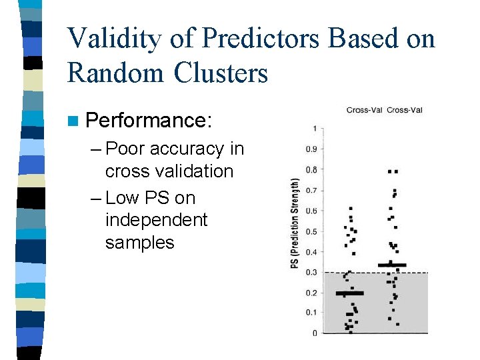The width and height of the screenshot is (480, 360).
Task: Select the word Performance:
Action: (149, 121)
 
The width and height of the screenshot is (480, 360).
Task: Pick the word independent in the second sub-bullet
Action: (156, 220)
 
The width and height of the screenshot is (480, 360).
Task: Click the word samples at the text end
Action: (139, 243)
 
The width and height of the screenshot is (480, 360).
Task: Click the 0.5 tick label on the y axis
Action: (311, 231)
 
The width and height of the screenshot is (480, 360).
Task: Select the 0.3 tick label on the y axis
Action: (311, 272)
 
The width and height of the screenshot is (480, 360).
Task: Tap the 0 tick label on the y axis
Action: (314, 333)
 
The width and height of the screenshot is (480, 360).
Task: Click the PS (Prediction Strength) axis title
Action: (294, 223)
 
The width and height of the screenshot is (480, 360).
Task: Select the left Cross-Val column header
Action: (364, 110)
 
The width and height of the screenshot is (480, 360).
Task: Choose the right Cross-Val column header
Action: (405, 110)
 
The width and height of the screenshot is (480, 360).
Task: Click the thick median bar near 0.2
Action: (349, 293)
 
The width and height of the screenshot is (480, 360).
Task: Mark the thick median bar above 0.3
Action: (392, 265)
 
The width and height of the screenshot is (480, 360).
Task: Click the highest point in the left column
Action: (351, 209)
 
